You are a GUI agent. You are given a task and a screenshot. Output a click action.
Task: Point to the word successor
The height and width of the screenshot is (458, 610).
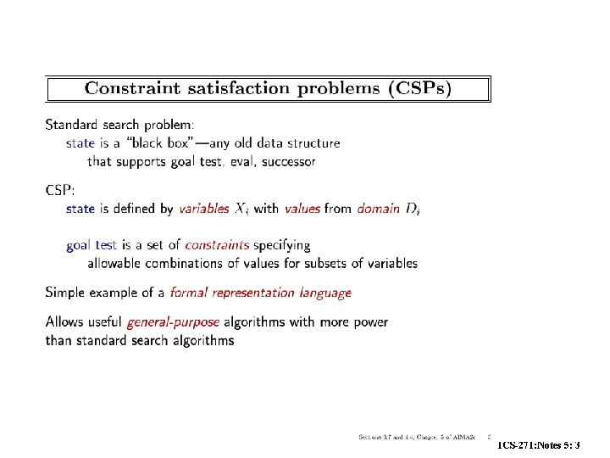pyautogui.click(x=289, y=160)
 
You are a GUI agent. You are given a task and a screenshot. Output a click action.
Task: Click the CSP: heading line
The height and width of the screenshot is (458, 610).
pyautogui.click(x=61, y=189)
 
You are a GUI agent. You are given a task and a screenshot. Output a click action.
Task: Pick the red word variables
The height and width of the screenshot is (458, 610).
pyautogui.click(x=204, y=208)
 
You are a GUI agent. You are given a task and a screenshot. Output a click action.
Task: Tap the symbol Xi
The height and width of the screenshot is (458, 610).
pyautogui.click(x=241, y=209)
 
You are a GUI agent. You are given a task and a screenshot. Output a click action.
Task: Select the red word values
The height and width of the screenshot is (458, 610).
pyautogui.click(x=302, y=208)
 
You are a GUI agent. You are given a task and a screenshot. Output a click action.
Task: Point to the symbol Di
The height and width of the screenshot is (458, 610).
pyautogui.click(x=413, y=209)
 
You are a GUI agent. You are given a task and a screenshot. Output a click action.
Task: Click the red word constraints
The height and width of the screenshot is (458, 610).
pyautogui.click(x=218, y=245)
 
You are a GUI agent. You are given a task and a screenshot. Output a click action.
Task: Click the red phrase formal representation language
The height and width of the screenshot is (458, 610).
pyautogui.click(x=261, y=293)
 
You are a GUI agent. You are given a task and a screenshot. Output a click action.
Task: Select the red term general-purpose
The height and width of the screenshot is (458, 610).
pyautogui.click(x=173, y=322)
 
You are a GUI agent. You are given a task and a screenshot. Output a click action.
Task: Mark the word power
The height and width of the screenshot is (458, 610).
pyautogui.click(x=369, y=322)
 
